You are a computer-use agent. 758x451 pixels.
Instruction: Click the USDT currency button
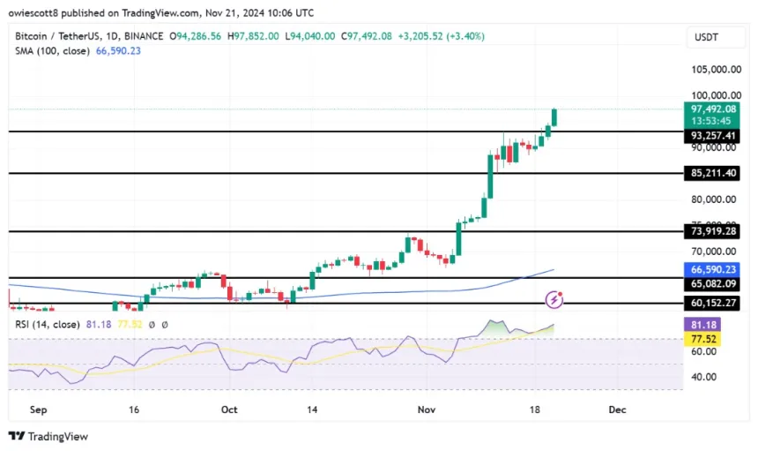pos(709,37)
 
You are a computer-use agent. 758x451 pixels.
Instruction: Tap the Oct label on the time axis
pos(230,410)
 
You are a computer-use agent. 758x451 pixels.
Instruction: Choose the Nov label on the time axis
pos(427,410)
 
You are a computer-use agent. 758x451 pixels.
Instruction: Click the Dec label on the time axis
pos(617,410)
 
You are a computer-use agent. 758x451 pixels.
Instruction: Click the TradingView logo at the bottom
pos(48,436)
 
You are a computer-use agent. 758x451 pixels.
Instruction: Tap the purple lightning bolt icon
pos(554,300)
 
